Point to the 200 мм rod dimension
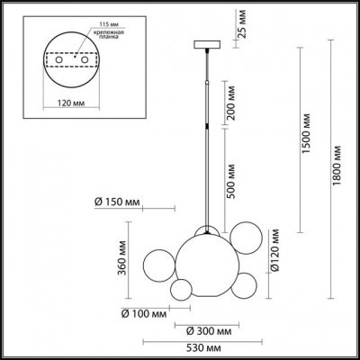[x=233, y=112]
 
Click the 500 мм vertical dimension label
[x=233, y=182]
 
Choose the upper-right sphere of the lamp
[x=241, y=237]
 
